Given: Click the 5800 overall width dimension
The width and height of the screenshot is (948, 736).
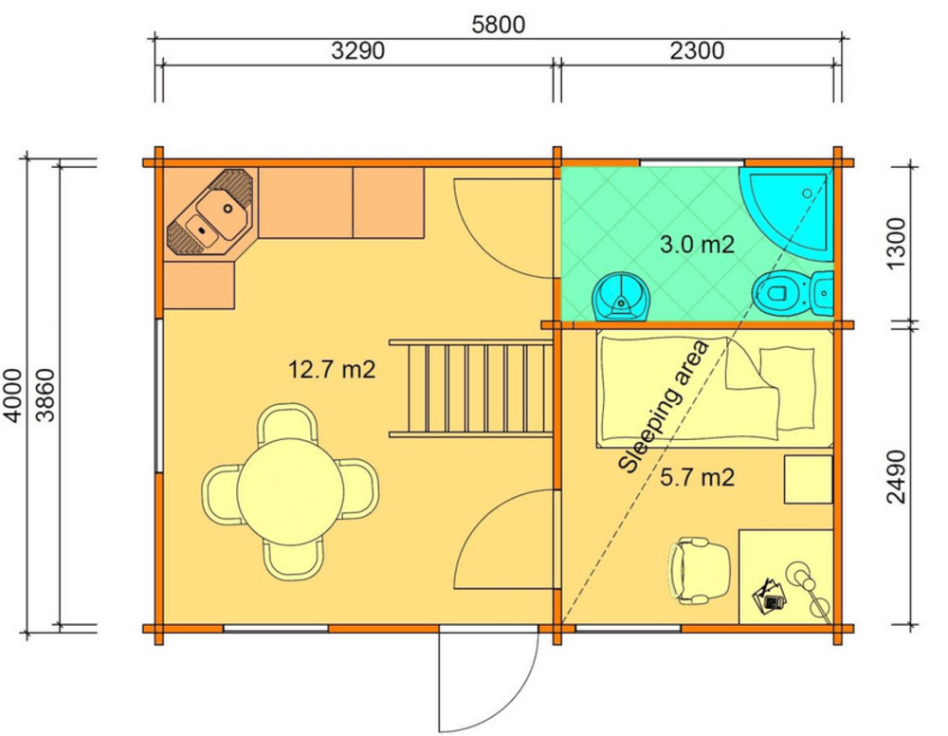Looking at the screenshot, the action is pos(499,25).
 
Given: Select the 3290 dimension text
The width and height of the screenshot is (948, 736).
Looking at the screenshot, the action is pos(358,51).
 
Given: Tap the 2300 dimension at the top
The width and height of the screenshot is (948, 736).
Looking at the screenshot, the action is pos(697,51).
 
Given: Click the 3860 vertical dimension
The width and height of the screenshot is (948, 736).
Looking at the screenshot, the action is pos(46,395).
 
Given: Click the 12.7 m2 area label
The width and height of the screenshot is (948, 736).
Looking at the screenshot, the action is pos(331,369).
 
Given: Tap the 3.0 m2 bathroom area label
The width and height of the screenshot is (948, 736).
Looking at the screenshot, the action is pos(697,245).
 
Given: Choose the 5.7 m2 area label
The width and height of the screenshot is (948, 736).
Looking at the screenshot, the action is pos(697,478).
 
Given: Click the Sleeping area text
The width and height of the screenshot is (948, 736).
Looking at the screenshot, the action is pos(664,407).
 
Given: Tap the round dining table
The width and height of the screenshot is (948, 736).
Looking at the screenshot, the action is pos(290,491).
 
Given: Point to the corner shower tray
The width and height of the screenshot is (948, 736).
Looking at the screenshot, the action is pos(787,212).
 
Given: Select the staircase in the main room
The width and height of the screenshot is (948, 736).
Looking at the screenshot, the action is pos(471,388).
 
